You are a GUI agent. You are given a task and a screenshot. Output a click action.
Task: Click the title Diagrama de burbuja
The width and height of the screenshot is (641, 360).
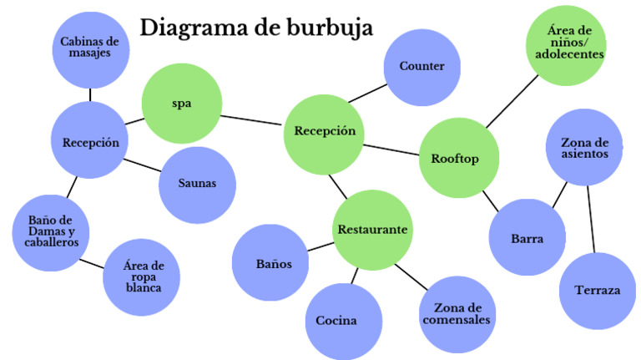pos(256,27)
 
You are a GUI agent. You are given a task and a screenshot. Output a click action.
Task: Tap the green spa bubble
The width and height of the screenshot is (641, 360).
pos(181,104)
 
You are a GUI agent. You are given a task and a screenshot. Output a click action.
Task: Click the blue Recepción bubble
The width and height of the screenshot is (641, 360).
pos(90,142)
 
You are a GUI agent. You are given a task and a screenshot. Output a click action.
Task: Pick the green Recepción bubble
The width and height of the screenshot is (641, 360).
pos(325,131)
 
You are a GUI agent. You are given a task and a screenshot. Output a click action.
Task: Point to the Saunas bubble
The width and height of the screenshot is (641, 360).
pos(197,184)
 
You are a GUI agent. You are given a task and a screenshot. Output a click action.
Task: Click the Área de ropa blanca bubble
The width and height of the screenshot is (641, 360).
pos(144,276)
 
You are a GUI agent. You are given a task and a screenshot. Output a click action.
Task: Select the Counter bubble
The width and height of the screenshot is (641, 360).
pos(421,67)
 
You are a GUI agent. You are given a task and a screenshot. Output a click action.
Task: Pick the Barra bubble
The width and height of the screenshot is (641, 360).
pos(527,238)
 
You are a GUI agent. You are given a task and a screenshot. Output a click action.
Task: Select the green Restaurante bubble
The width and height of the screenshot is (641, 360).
pos(372,229)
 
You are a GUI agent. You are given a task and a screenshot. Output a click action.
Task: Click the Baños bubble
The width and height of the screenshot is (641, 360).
pos(273,264)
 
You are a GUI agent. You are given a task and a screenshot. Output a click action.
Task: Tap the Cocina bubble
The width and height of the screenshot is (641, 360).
pos(336,320)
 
